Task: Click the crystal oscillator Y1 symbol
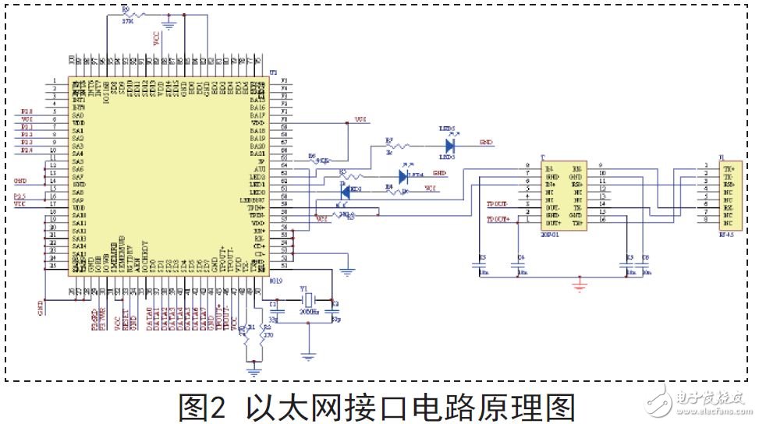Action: click(309, 301)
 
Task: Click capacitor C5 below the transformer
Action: click(484, 266)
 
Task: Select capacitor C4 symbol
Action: click(520, 266)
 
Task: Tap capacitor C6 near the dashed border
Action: click(644, 266)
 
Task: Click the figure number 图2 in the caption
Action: click(201, 408)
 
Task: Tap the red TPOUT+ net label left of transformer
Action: click(499, 220)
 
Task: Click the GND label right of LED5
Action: click(485, 143)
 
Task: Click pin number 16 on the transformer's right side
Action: click(601, 220)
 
